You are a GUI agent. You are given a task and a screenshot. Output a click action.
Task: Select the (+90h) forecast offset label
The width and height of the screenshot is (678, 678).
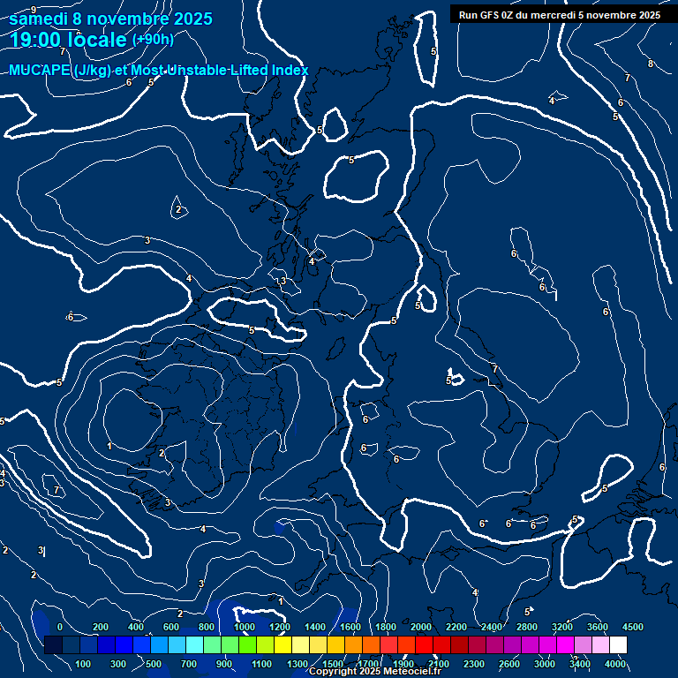click(153, 39)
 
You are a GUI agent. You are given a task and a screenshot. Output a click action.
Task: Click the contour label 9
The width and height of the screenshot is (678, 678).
click(34, 10)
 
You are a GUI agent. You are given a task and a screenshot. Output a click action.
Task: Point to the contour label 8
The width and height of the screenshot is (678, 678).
click(651, 64)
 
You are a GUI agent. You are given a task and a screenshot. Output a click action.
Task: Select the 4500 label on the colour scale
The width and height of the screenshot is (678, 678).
click(632, 627)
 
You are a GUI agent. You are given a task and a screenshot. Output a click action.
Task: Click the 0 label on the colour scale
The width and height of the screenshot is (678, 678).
click(60, 627)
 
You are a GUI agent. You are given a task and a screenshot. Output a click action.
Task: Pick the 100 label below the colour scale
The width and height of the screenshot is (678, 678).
click(84, 664)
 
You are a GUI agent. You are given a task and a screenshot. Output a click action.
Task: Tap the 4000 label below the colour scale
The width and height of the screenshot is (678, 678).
click(615, 664)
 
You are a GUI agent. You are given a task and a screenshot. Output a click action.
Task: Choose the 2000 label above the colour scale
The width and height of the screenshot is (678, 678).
click(420, 627)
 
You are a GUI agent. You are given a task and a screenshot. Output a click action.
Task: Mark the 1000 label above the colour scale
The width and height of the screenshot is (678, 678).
click(244, 627)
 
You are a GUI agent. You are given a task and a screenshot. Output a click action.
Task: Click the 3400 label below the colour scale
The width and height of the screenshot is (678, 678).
click(580, 664)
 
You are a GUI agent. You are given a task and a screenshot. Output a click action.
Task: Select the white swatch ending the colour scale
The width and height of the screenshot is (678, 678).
click(618, 644)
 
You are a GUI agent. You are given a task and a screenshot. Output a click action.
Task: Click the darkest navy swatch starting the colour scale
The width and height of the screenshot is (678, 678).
click(53, 644)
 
